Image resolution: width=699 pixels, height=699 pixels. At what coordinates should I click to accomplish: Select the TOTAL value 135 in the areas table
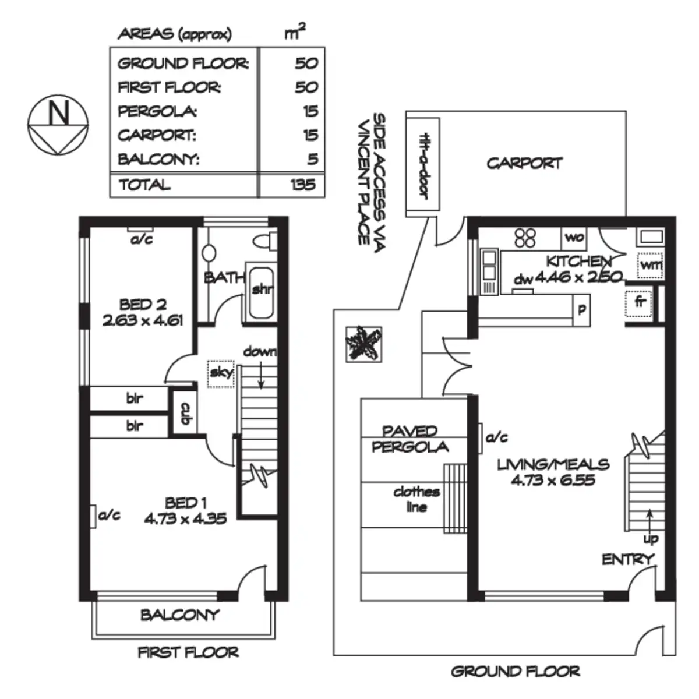pos(303,185)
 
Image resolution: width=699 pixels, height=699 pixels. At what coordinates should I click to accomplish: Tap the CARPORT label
pos(524,163)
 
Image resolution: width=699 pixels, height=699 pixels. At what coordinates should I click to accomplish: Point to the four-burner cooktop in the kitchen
pos(525,237)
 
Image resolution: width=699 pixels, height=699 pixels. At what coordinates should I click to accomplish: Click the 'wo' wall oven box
pos(574,238)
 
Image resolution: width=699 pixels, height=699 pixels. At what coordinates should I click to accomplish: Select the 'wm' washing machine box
pos(651,266)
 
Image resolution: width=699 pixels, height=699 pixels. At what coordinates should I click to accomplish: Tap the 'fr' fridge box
pos(640,302)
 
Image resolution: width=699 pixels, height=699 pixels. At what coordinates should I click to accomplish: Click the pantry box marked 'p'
pos(581,309)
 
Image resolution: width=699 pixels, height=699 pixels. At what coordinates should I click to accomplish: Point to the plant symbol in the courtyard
pos(364,344)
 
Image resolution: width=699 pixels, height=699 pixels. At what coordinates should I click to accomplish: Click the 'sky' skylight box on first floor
pos(221,373)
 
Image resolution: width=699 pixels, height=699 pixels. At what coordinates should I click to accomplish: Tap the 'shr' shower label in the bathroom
pos(262,289)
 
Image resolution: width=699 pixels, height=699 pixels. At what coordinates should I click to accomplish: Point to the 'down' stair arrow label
pos(260,352)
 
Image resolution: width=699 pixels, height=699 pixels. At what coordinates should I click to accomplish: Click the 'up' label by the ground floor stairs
pos(650,539)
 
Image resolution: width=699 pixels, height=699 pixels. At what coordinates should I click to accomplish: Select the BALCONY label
pos(179,615)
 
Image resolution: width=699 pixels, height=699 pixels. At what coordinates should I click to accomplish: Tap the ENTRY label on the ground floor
pos(627,560)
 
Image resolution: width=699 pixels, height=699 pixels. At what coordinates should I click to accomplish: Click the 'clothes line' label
pos(416,499)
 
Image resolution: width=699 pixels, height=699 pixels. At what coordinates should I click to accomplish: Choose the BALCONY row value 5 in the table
pos(313,159)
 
